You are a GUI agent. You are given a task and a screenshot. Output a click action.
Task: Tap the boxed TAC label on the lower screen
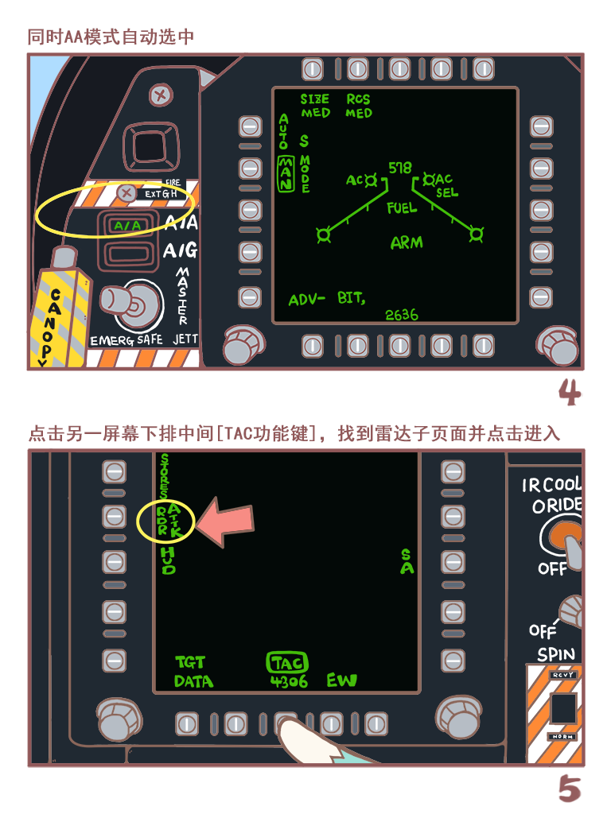287,663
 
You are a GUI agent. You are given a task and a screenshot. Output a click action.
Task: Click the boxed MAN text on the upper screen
285,173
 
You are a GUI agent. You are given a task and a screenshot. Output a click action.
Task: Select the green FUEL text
402,208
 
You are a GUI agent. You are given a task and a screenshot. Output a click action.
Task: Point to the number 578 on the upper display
400,169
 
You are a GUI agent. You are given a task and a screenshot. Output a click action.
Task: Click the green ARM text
407,243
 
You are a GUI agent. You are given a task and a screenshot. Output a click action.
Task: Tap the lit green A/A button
126,226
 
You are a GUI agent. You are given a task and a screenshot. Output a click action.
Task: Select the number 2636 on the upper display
402,315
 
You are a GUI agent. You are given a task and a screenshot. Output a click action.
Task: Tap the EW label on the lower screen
341,680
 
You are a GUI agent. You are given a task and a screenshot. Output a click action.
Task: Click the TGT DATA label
193,672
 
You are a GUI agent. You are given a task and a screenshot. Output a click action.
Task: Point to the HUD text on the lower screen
169,560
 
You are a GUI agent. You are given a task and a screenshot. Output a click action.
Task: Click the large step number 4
570,392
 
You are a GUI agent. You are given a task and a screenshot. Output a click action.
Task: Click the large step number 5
570,789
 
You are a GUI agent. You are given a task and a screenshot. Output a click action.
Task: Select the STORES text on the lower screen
165,477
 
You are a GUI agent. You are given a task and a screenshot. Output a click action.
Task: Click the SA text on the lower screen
407,561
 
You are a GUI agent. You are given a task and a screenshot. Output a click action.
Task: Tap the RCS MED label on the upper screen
358,107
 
